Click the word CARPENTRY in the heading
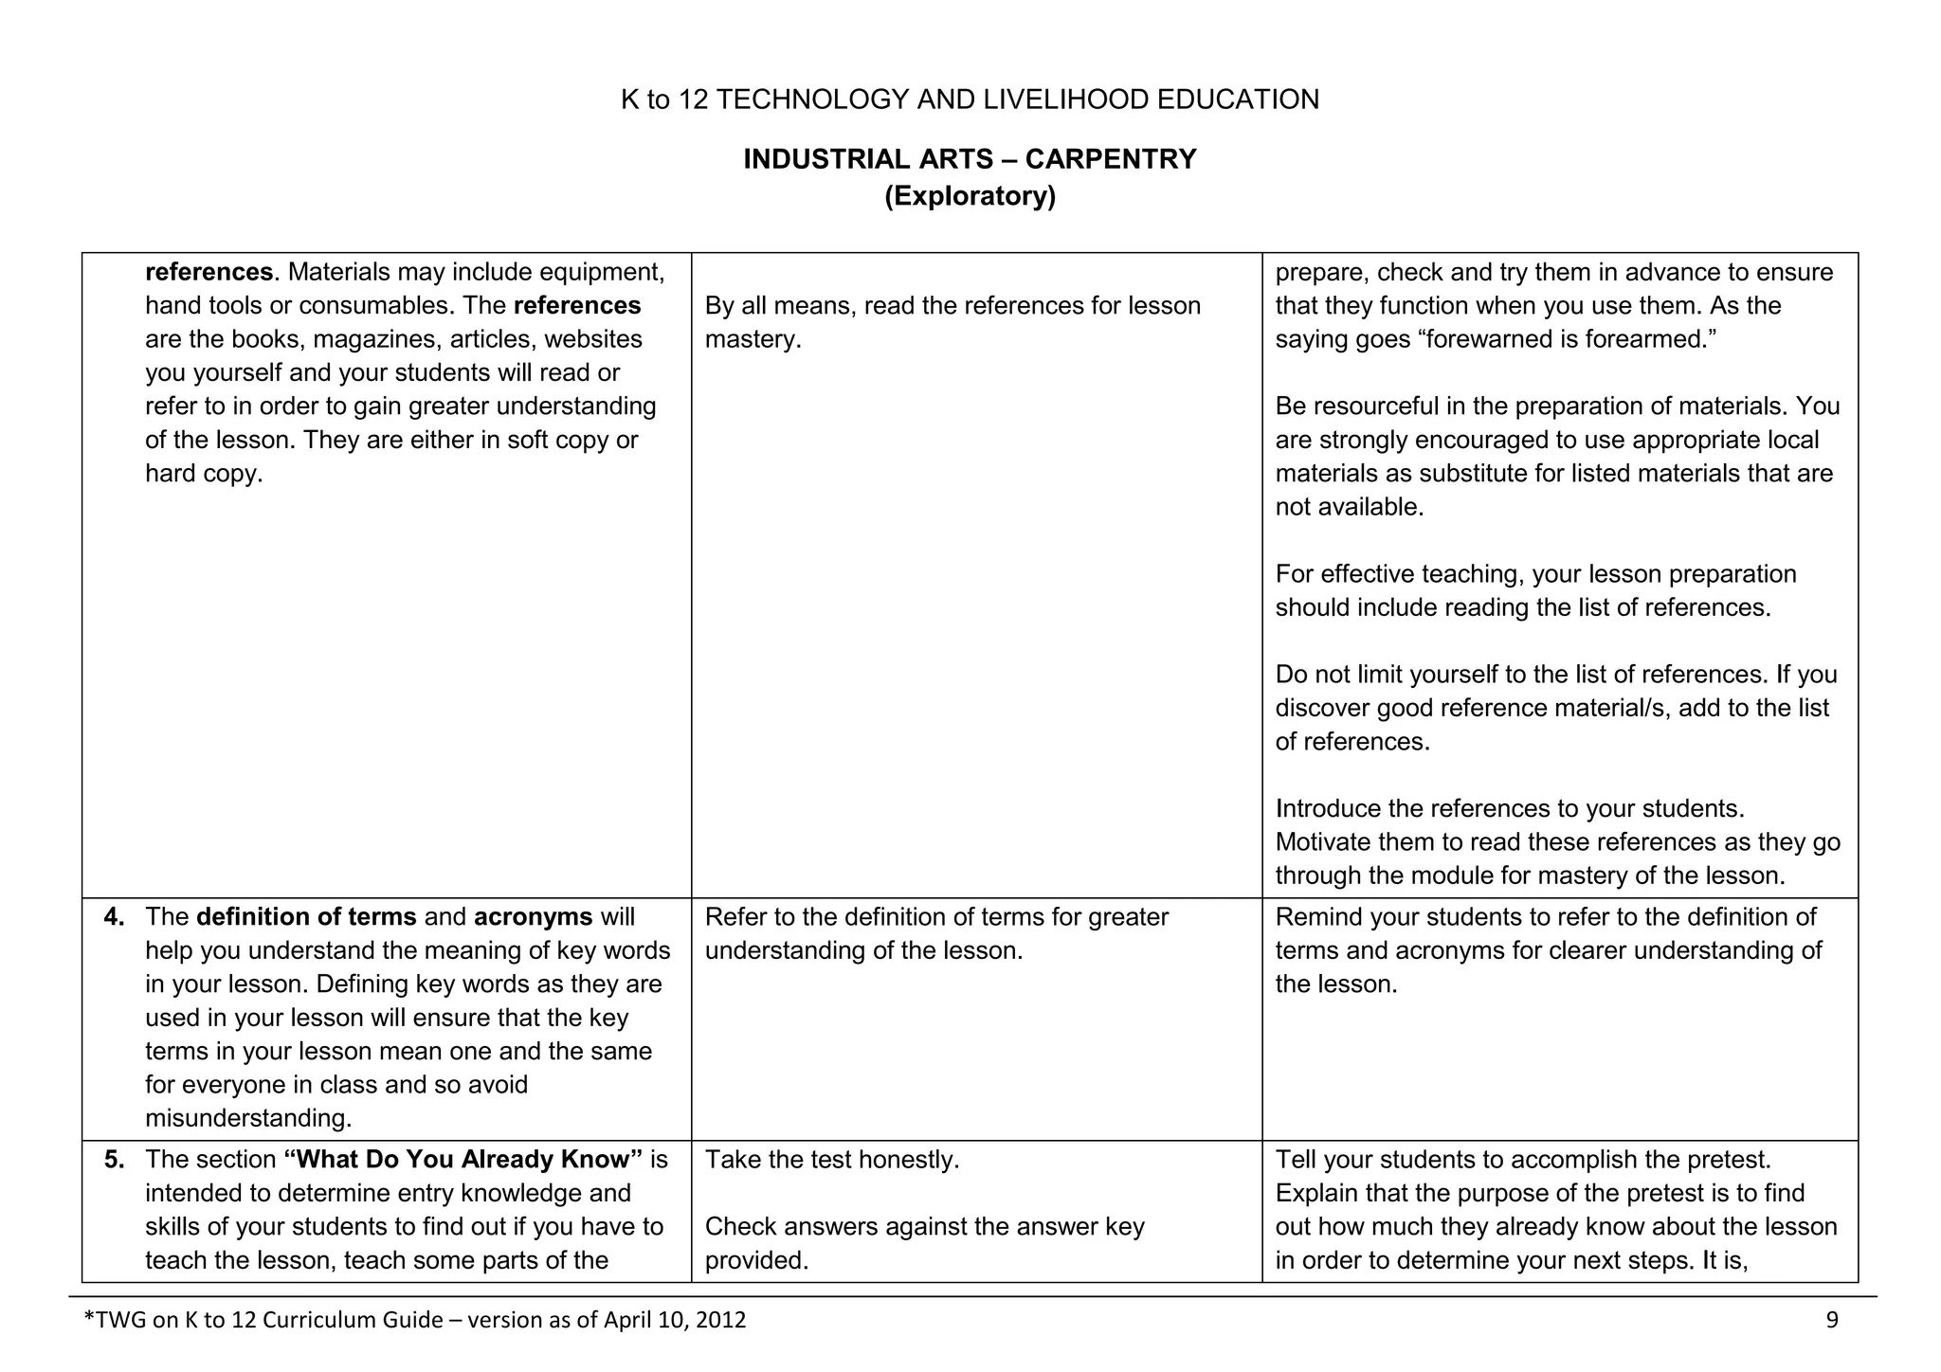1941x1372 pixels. point(1111,159)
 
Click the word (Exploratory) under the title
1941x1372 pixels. point(970,196)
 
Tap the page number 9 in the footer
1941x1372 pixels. point(1832,1320)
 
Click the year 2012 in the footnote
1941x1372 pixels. point(720,1320)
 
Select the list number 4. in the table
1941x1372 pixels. point(115,917)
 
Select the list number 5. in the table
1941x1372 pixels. point(115,1160)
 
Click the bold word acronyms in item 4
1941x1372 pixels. point(533,917)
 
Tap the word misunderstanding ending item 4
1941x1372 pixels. point(247,1118)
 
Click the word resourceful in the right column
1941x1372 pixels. point(1373,406)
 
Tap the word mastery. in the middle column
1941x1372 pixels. point(753,339)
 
